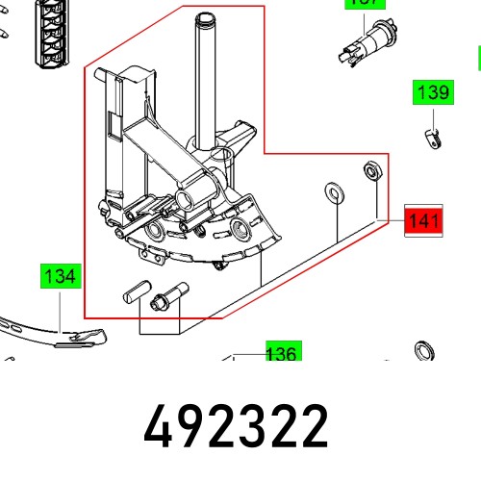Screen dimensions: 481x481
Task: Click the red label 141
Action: (x=422, y=223)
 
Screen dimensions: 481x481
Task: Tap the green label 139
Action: (x=432, y=94)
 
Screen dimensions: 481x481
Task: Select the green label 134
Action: (x=60, y=277)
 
